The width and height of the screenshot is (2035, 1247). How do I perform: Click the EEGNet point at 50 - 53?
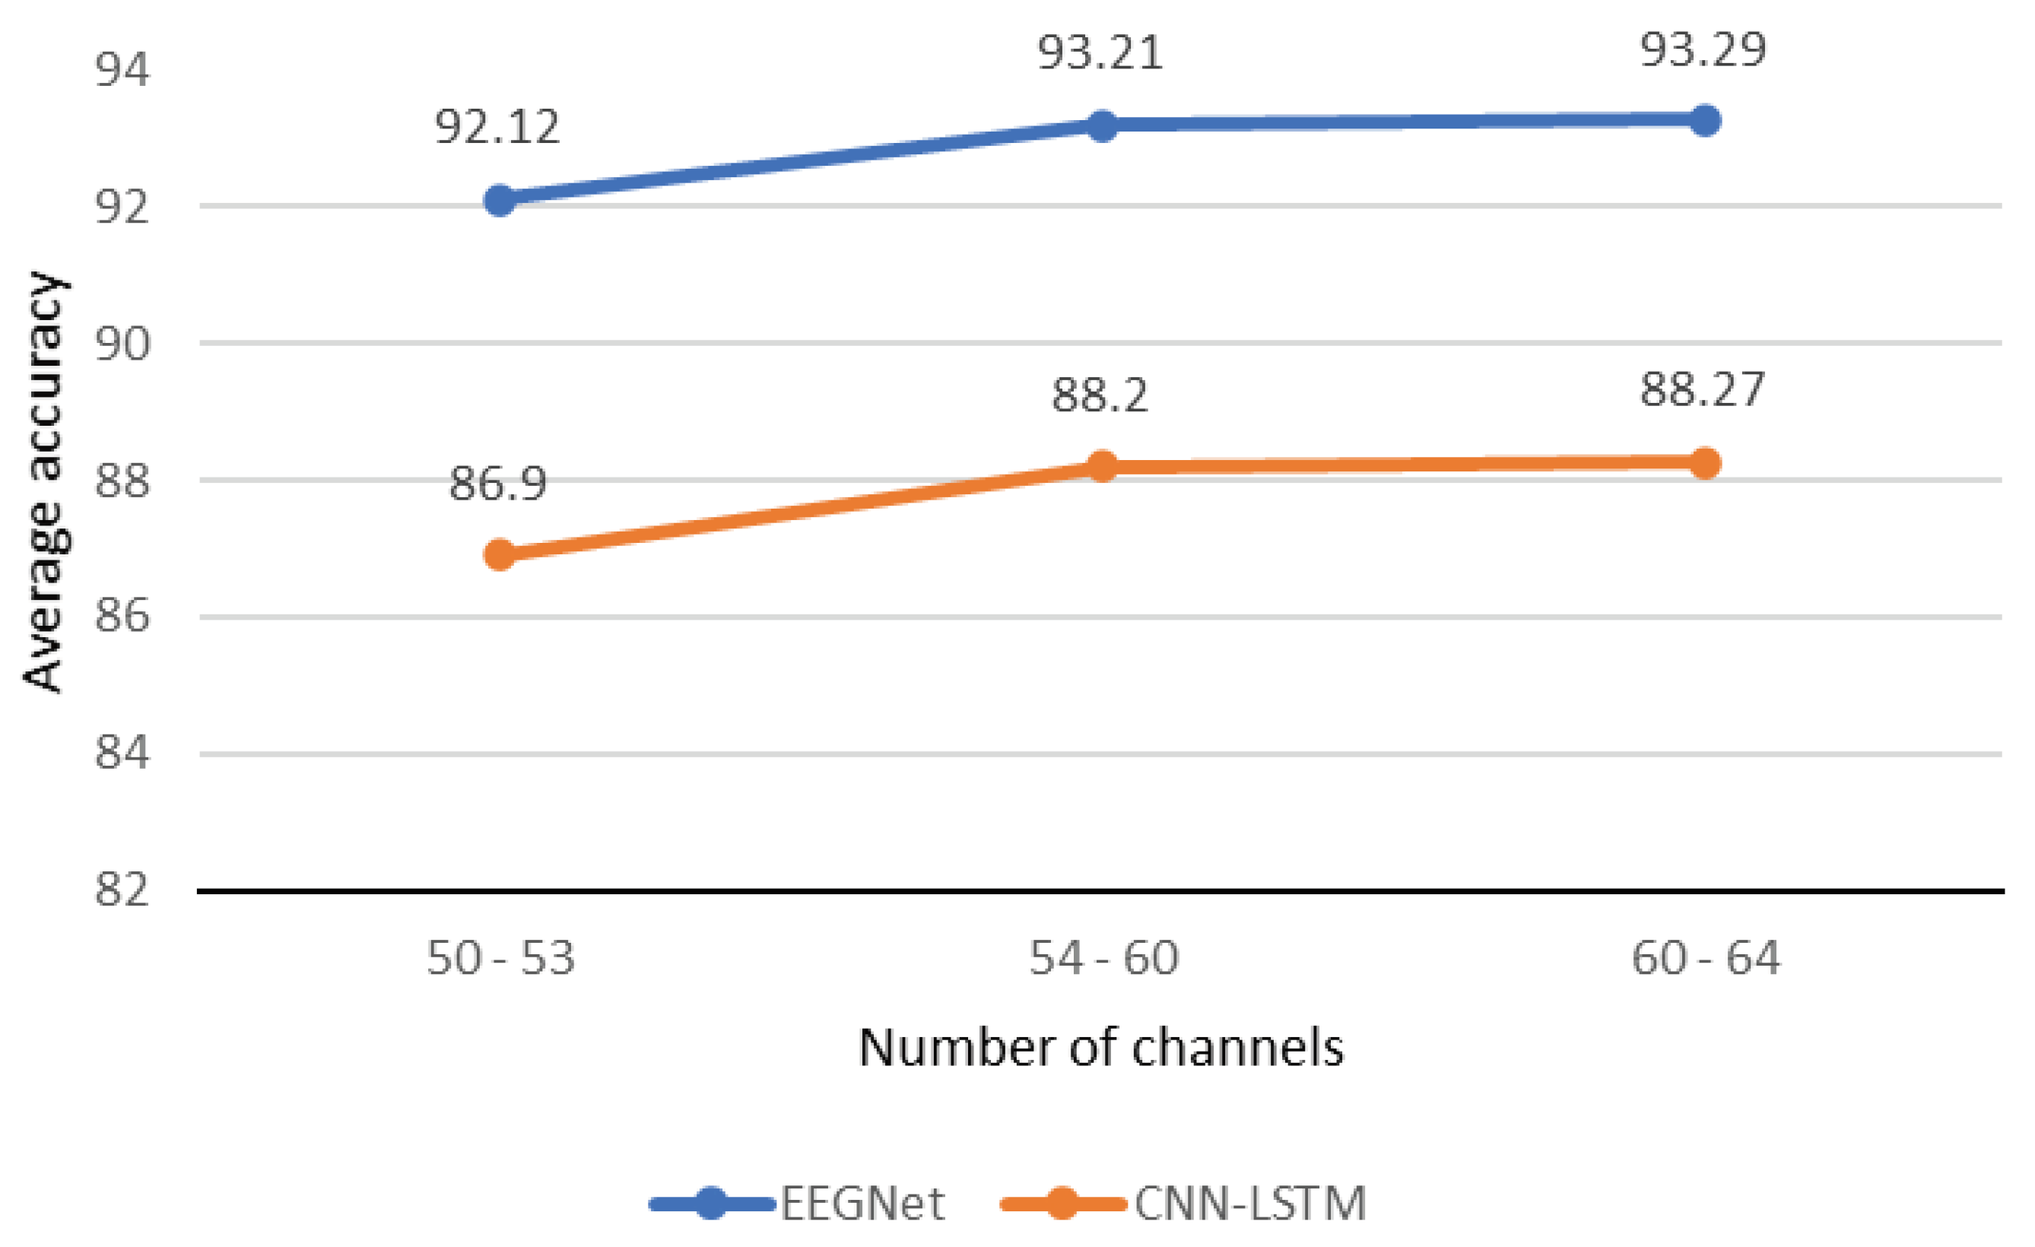[x=500, y=200]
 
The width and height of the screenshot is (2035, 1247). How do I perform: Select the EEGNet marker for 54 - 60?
[x=1103, y=126]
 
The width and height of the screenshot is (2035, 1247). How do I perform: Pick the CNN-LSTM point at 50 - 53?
[x=500, y=554]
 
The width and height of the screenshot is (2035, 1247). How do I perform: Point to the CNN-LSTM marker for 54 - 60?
[x=1103, y=467]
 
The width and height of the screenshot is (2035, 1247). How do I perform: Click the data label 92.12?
[x=497, y=126]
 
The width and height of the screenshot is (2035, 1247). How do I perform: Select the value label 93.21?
[x=1100, y=53]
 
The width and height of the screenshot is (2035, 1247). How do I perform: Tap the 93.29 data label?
[x=1703, y=49]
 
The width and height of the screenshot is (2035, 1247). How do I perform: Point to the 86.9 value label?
[x=497, y=483]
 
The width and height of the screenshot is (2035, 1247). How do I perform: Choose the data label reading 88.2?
[x=1100, y=395]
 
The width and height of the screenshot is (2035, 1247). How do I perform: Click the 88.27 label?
[x=1703, y=389]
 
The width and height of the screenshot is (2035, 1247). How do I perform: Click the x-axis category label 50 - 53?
[x=500, y=959]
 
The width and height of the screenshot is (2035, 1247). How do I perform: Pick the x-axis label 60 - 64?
[x=1706, y=959]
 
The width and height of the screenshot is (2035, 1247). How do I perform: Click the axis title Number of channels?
[x=1101, y=1048]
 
